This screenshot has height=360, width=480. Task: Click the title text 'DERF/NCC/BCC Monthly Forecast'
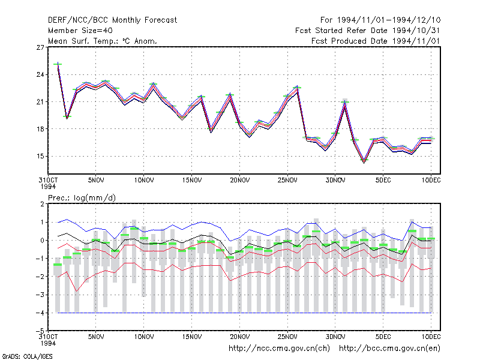tap(112, 20)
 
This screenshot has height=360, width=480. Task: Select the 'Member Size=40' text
tap(80, 31)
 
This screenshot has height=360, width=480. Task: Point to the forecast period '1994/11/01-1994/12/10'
tap(389, 20)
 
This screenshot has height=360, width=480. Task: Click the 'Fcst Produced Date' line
tap(376, 41)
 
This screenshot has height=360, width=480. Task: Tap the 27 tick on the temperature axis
tap(40, 47)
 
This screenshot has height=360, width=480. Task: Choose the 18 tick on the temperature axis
tap(40, 129)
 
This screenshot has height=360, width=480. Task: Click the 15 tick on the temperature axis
tap(40, 156)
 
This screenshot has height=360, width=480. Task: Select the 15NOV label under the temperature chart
tap(192, 181)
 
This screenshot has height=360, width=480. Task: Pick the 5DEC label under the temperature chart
tap(383, 181)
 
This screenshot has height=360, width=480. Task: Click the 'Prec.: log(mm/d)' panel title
tap(82, 198)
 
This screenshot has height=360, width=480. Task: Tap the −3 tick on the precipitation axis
tap(40, 295)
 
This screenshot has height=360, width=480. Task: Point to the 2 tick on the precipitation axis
tap(42, 204)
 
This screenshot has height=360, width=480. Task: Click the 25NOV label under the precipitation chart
tap(287, 337)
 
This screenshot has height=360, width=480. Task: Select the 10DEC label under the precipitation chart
tap(431, 337)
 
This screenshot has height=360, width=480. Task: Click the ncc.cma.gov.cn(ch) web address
tap(279, 349)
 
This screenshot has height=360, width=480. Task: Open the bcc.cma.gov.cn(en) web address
tap(389, 349)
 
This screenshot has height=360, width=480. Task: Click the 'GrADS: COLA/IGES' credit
tap(27, 356)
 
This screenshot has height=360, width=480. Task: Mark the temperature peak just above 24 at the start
tap(58, 64)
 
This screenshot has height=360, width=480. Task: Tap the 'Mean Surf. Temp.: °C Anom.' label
tap(103, 41)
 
